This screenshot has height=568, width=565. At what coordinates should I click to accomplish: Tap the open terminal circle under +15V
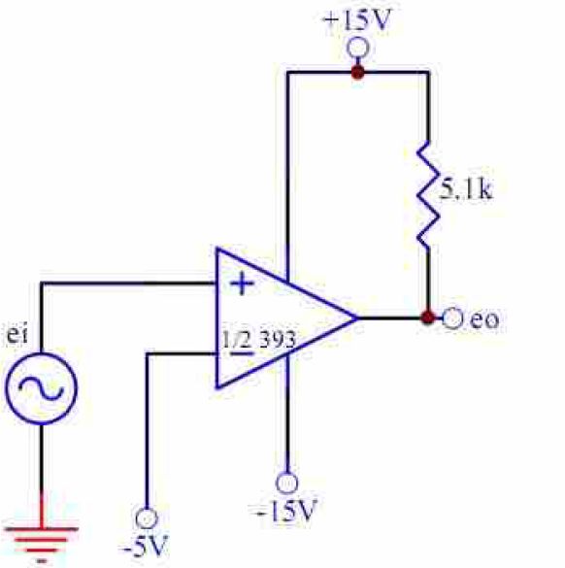[358, 48]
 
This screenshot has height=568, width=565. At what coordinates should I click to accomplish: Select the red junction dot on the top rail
[358, 72]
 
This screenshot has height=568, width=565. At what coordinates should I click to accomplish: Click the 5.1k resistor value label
[466, 189]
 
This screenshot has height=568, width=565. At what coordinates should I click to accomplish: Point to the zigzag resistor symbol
[428, 195]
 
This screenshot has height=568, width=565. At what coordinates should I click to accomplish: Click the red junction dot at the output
[428, 317]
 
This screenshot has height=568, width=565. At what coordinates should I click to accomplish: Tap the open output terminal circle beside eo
[452, 318]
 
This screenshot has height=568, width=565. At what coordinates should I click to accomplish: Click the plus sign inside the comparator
[242, 284]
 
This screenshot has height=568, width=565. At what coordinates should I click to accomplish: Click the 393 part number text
[278, 340]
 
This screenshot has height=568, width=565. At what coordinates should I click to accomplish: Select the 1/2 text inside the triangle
[237, 340]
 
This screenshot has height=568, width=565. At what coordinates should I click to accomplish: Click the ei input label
[17, 335]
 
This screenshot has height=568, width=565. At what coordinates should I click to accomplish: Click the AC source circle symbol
[42, 388]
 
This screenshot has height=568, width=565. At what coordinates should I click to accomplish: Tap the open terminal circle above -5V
[147, 518]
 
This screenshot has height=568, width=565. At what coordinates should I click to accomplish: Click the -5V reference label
[145, 546]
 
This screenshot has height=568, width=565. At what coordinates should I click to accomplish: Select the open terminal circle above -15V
[287, 483]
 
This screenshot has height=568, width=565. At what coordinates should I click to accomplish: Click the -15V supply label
[287, 510]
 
